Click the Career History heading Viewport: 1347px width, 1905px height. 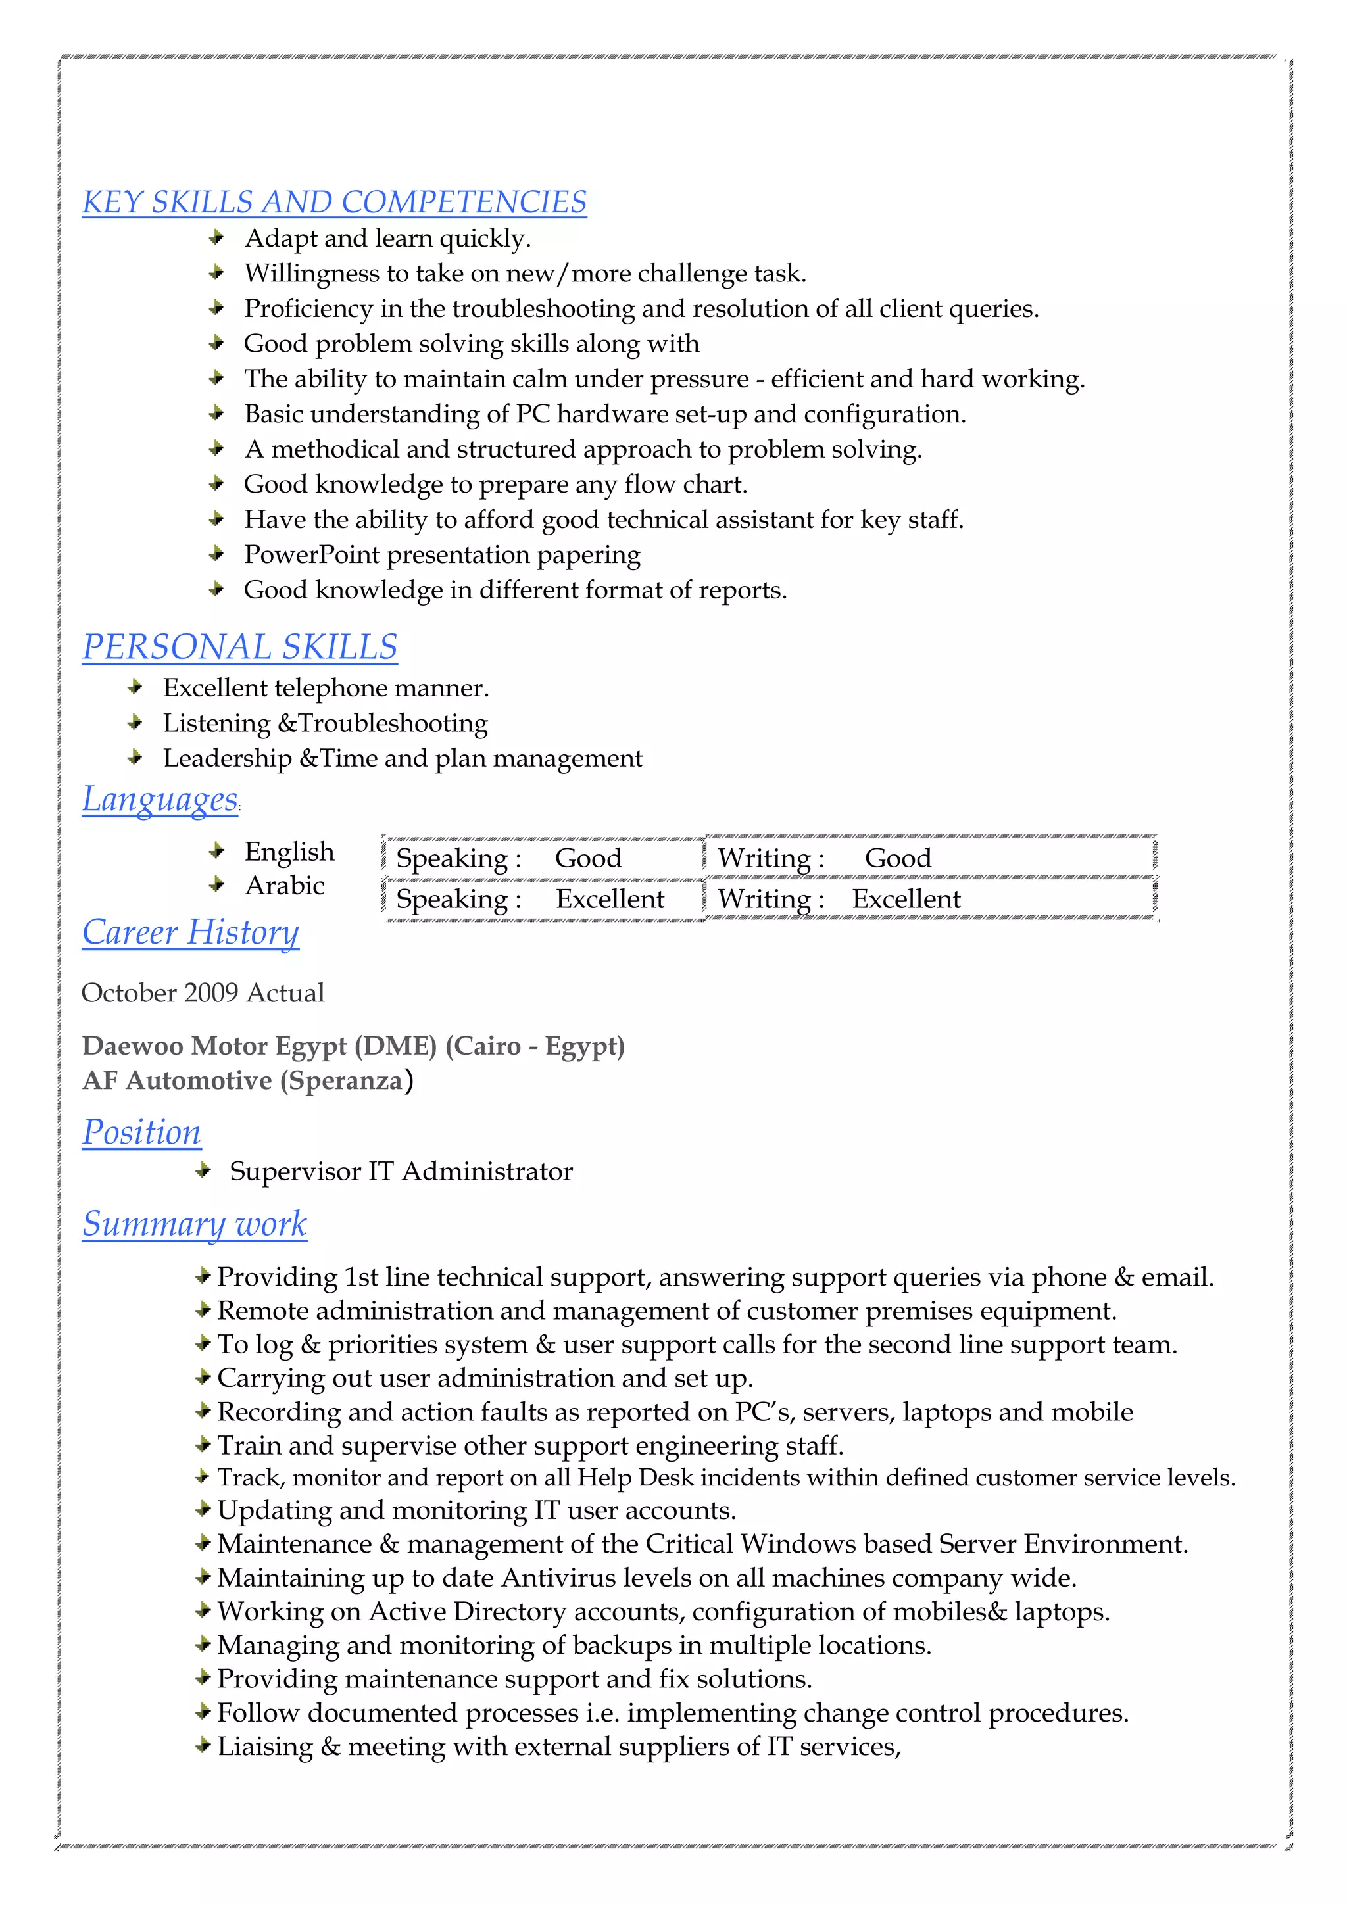pos(190,932)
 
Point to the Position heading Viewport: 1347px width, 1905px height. pos(141,1132)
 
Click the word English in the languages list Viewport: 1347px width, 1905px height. pos(289,852)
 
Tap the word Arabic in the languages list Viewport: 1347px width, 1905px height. pos(284,885)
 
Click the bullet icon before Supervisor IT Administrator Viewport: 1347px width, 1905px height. pos(203,1170)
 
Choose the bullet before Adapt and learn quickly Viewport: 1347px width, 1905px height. pos(216,238)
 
